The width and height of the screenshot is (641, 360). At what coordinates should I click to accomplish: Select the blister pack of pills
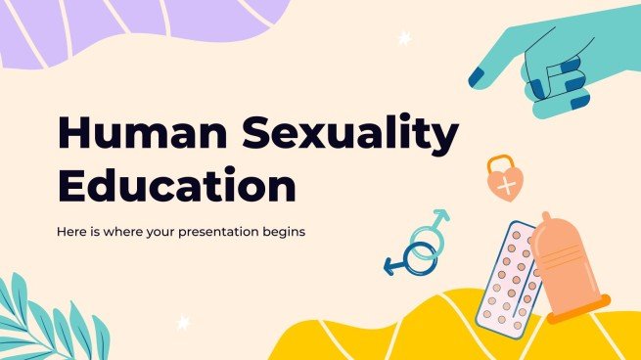(x=508, y=274)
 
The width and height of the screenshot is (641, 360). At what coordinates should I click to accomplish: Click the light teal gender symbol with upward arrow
(x=428, y=235)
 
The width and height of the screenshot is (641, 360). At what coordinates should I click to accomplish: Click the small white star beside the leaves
(x=182, y=322)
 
